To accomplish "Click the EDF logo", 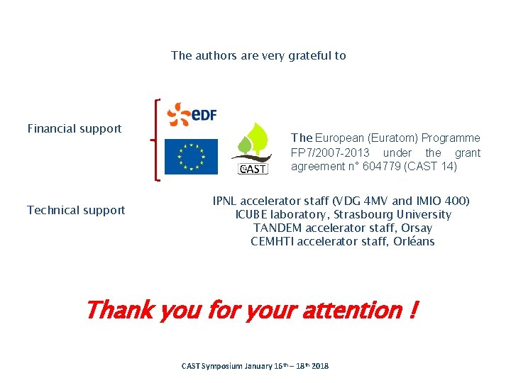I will [x=192, y=114].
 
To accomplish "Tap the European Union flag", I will [x=191, y=157].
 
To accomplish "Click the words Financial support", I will [x=75, y=128].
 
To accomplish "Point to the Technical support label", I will [x=76, y=210].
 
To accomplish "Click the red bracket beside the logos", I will [x=156, y=140].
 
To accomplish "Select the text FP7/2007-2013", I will [x=330, y=152].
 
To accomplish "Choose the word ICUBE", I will [x=251, y=215].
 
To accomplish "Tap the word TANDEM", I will [x=277, y=228].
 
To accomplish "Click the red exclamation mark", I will [x=413, y=310].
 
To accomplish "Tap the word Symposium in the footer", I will [x=221, y=366].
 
